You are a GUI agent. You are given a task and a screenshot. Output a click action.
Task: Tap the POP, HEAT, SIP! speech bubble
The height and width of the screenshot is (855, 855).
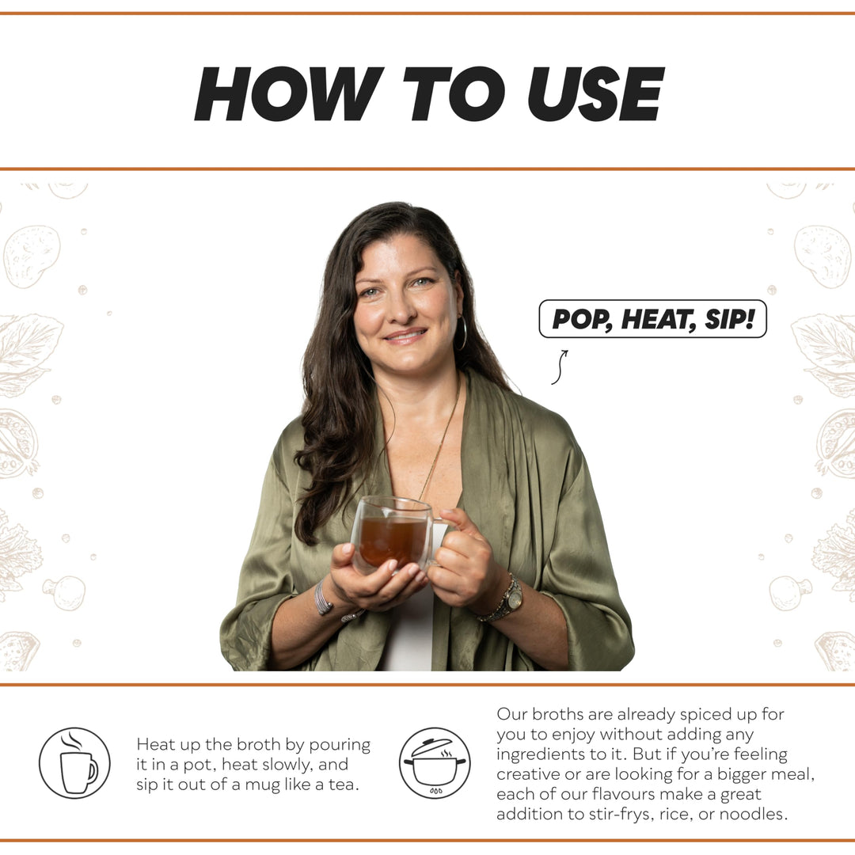point(652,319)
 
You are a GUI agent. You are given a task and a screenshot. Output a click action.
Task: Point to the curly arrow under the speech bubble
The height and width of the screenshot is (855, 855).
point(559,367)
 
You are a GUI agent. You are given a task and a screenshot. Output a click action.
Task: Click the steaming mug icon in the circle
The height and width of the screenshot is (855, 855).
point(75,763)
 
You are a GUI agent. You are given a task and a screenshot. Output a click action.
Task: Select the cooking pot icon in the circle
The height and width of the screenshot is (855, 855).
point(434,763)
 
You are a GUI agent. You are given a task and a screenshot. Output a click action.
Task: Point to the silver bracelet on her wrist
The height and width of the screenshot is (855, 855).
point(322,599)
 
